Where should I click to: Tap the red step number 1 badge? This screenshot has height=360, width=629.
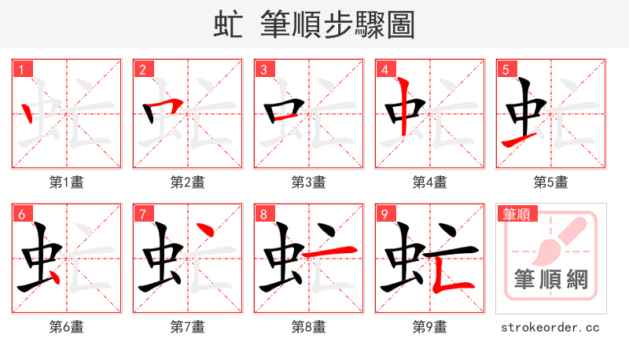pyautogui.click(x=21, y=70)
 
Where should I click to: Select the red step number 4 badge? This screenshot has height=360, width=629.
pyautogui.click(x=384, y=70)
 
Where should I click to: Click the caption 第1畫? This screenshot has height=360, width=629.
pyautogui.click(x=66, y=182)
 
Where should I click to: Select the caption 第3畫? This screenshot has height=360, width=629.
pyautogui.click(x=308, y=182)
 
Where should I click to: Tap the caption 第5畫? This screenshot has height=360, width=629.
pyautogui.click(x=550, y=182)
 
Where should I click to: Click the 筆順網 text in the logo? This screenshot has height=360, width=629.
pyautogui.click(x=550, y=280)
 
